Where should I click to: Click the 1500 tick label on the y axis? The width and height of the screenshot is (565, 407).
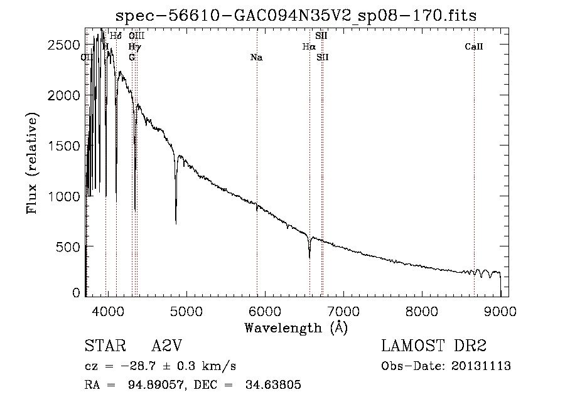[x=64, y=146]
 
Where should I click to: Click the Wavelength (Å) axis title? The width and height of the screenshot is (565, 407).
[x=296, y=327]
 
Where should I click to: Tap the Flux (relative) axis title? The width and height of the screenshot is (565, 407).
[x=32, y=163]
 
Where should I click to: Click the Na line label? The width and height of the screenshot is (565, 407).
[x=256, y=58]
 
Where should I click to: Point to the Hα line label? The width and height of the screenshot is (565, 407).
[x=308, y=46]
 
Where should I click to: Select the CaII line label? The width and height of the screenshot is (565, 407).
[x=474, y=46]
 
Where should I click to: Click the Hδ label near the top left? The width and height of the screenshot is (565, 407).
[x=116, y=36]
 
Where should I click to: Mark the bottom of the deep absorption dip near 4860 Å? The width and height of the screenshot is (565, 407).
[x=176, y=223]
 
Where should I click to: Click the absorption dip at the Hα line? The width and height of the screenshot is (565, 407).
[x=309, y=256]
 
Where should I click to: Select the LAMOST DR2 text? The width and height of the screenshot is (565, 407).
[x=434, y=346]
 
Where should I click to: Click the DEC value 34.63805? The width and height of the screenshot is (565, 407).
[x=274, y=385]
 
